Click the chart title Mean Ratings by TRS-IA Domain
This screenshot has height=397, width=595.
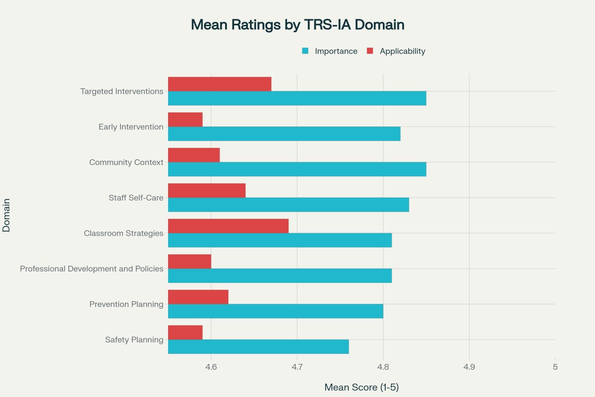click(x=297, y=25)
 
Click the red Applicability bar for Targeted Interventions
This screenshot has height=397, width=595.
click(x=220, y=84)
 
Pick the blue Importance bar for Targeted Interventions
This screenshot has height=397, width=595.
click(x=297, y=98)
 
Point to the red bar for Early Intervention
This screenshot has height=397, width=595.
click(x=185, y=120)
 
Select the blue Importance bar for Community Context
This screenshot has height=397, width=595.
click(x=297, y=169)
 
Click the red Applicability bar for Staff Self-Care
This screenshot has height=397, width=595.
click(x=207, y=191)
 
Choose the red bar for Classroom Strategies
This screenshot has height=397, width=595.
click(x=228, y=226)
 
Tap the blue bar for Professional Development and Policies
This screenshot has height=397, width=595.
click(x=280, y=275)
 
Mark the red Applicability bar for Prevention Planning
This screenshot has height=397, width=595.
click(x=198, y=297)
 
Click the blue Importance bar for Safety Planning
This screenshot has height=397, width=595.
click(x=258, y=346)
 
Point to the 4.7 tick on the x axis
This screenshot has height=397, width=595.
click(x=297, y=367)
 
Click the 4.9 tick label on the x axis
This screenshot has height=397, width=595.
click(x=469, y=367)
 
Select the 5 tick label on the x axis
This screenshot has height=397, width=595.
click(x=555, y=367)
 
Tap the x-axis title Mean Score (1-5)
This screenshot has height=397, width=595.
click(x=361, y=387)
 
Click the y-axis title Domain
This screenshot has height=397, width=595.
click(x=7, y=215)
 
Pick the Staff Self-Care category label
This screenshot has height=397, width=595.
click(x=136, y=198)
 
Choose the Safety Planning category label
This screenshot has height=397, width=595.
click(x=134, y=340)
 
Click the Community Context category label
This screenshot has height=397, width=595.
click(x=126, y=162)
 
